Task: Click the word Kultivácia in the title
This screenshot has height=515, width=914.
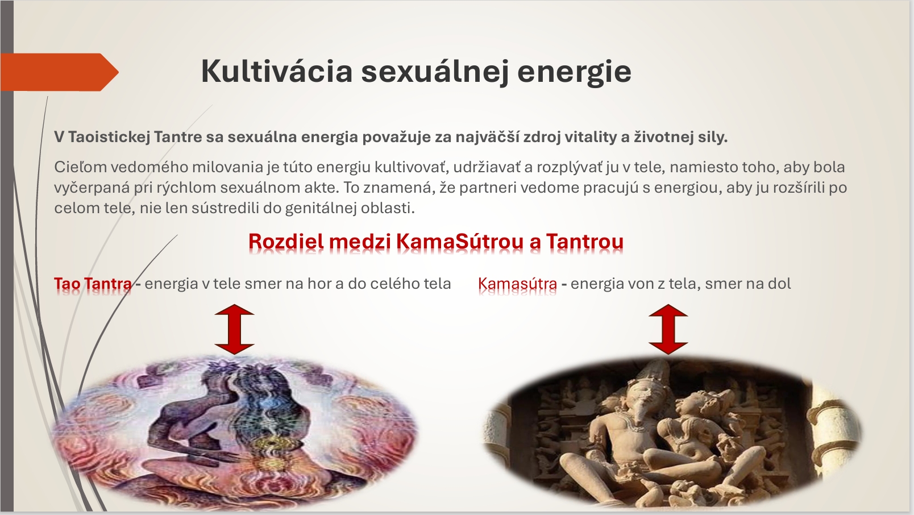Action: click(x=277, y=72)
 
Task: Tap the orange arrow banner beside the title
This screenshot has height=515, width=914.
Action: click(x=60, y=72)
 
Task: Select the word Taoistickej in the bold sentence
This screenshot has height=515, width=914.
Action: click(x=109, y=137)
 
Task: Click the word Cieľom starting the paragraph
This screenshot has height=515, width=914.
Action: click(x=80, y=167)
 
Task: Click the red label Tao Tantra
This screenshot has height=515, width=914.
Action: click(x=93, y=283)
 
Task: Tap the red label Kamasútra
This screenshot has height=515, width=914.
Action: click(x=517, y=283)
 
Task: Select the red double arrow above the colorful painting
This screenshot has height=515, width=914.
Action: click(x=234, y=329)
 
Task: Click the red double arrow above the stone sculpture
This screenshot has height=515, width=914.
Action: click(x=668, y=329)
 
